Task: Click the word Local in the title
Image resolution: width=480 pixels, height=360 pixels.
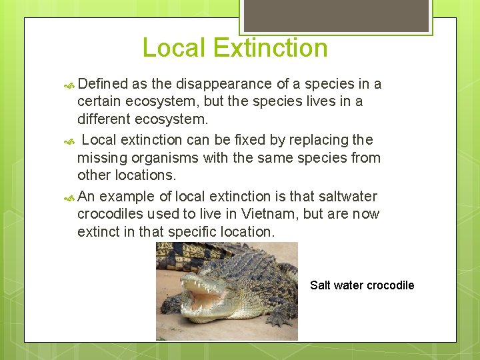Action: (174, 48)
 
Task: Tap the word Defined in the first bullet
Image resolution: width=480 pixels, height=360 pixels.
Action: (103, 84)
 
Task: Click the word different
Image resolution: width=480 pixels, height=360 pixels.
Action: (103, 119)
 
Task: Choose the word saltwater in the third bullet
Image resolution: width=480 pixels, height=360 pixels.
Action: (347, 197)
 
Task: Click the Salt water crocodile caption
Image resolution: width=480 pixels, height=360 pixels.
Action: (362, 285)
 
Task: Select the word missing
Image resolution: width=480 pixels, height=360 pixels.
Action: (101, 158)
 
